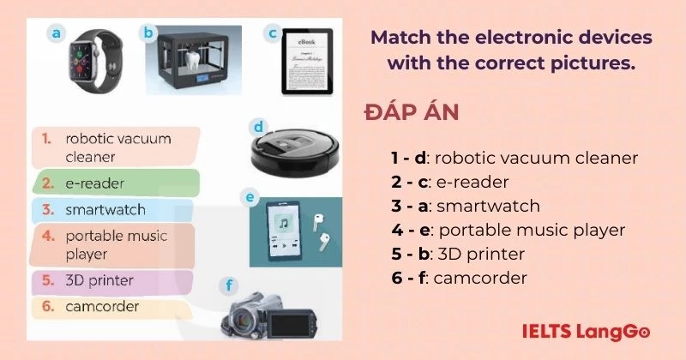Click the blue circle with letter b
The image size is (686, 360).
(x=147, y=33)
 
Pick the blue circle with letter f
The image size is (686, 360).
(x=227, y=285)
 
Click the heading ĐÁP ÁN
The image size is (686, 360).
(x=411, y=114)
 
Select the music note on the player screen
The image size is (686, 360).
(x=281, y=225)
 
